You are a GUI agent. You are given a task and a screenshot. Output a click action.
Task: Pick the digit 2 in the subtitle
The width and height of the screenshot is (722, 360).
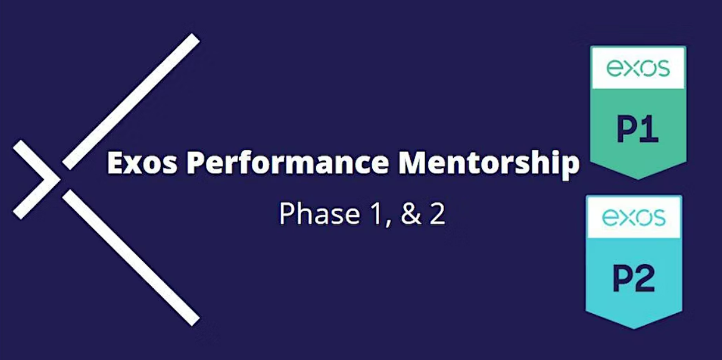click(438, 215)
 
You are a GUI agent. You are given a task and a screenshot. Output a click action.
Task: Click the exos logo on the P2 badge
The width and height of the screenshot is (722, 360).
click(634, 217)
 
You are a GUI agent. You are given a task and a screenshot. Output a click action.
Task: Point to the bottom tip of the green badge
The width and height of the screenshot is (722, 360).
click(638, 179)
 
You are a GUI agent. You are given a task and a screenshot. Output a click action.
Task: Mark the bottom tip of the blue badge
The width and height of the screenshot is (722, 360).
click(634, 328)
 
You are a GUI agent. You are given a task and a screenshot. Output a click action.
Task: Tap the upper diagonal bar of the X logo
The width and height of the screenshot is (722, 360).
click(131, 102)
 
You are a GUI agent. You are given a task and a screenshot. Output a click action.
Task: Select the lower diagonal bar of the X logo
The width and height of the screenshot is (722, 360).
click(131, 257)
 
